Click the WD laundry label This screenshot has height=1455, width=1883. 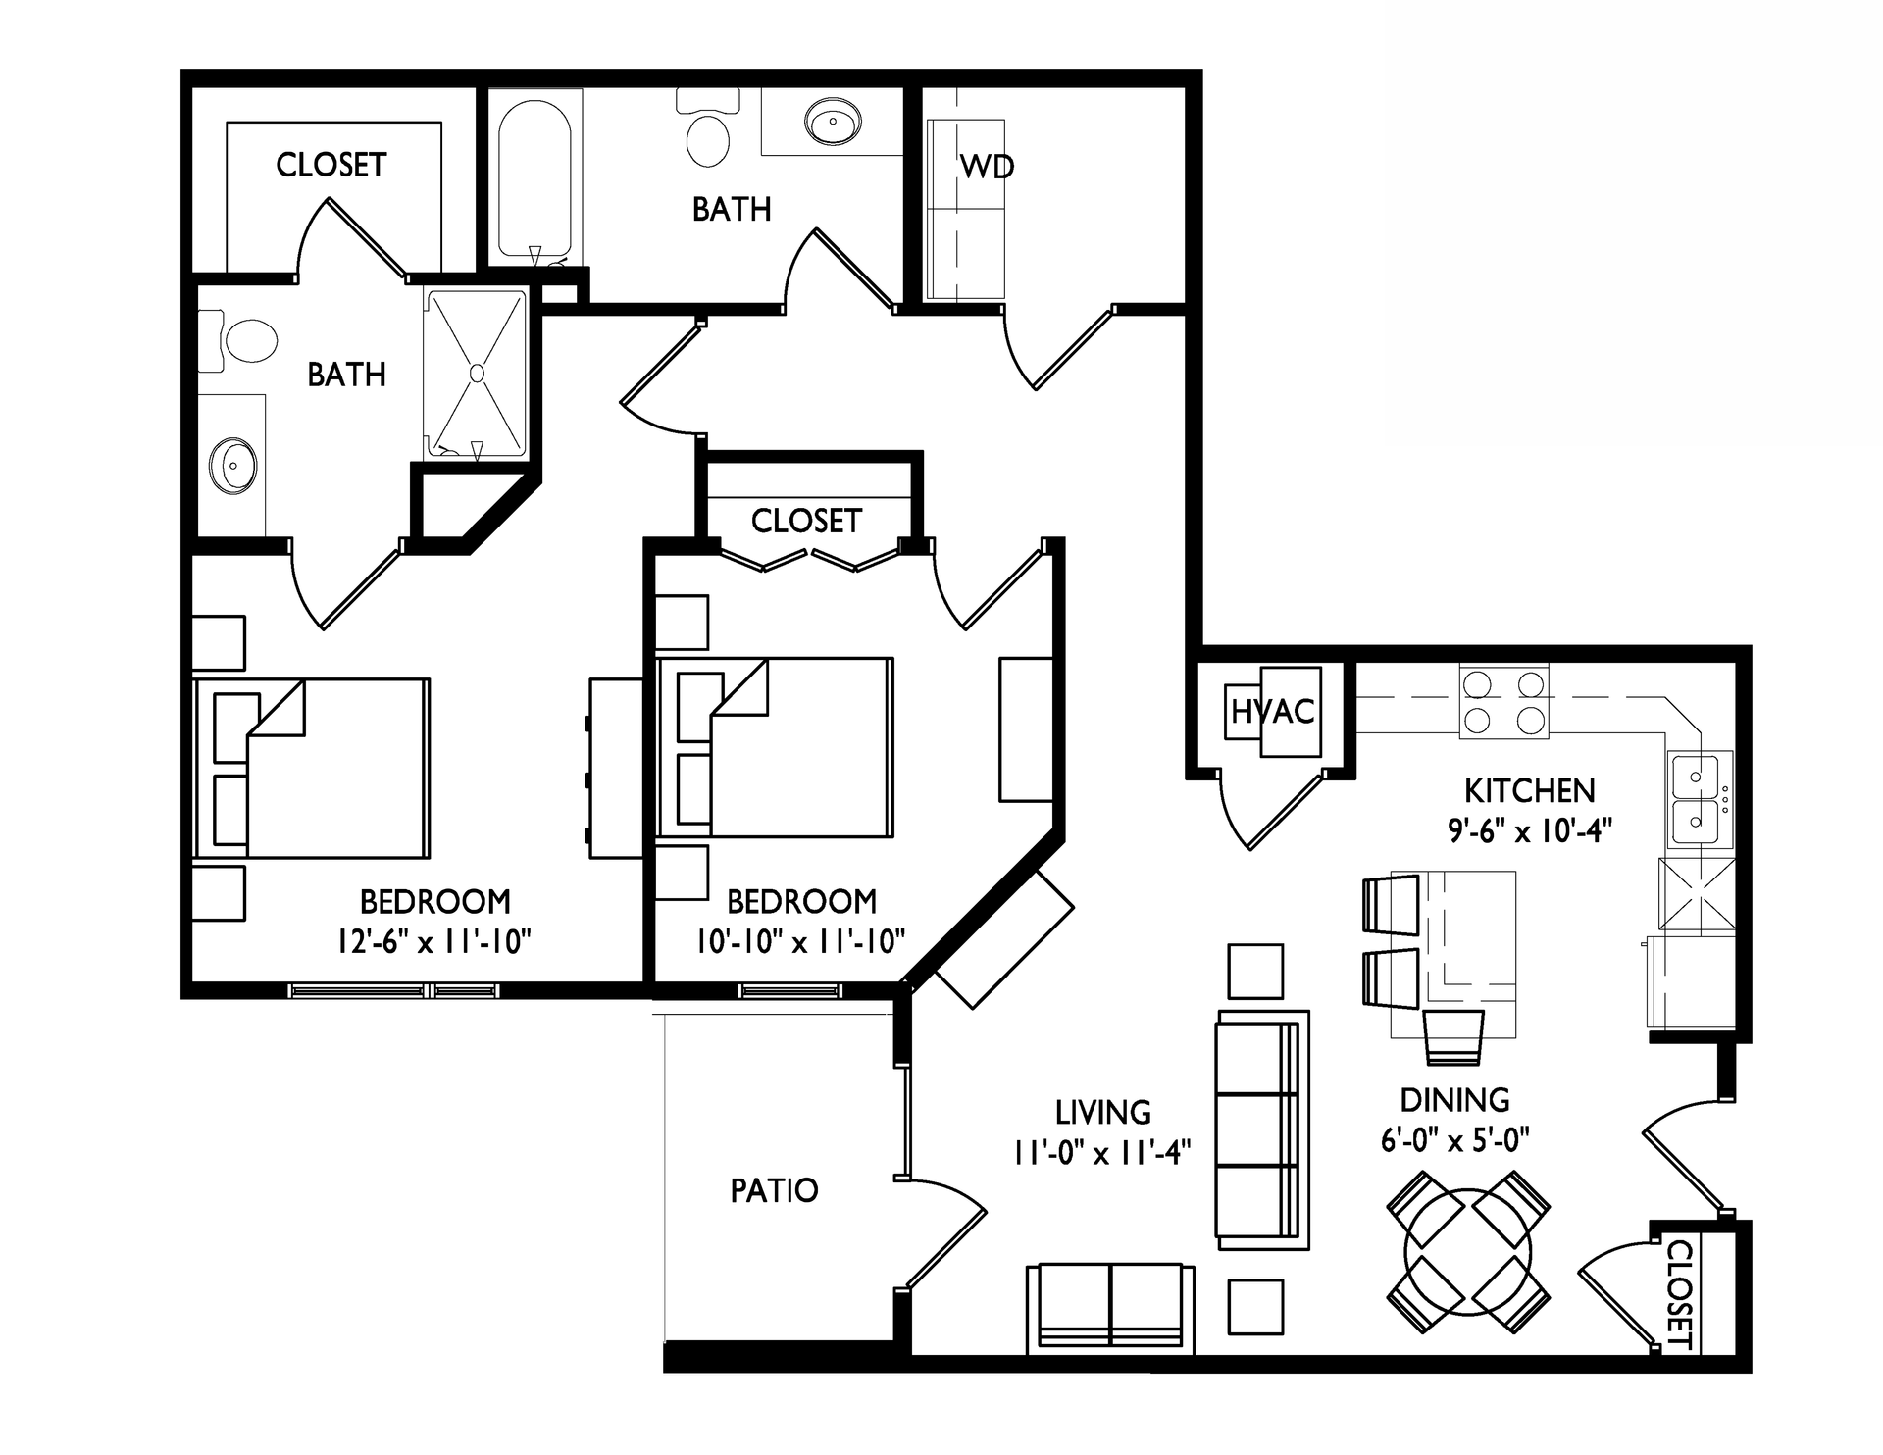coord(987,167)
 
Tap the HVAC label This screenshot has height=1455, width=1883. coord(1273,711)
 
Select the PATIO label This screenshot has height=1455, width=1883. coord(774,1190)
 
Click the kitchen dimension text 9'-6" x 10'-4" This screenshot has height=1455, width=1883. coord(1530,830)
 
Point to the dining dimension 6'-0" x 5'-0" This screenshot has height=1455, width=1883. coord(1455,1140)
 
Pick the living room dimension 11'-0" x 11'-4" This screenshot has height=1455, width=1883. coord(1102,1153)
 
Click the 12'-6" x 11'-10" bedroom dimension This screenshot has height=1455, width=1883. coord(433,942)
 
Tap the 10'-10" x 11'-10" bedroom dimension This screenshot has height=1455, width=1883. coord(800,942)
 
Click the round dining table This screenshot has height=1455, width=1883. coord(1468,1252)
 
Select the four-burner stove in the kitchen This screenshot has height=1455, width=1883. coord(1503,701)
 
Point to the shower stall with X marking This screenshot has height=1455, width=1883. coord(477,373)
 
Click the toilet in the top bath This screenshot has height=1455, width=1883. coord(708,132)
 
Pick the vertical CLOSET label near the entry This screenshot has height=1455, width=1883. coord(1680,1293)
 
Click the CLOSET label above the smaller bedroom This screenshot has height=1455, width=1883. coord(806,521)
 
